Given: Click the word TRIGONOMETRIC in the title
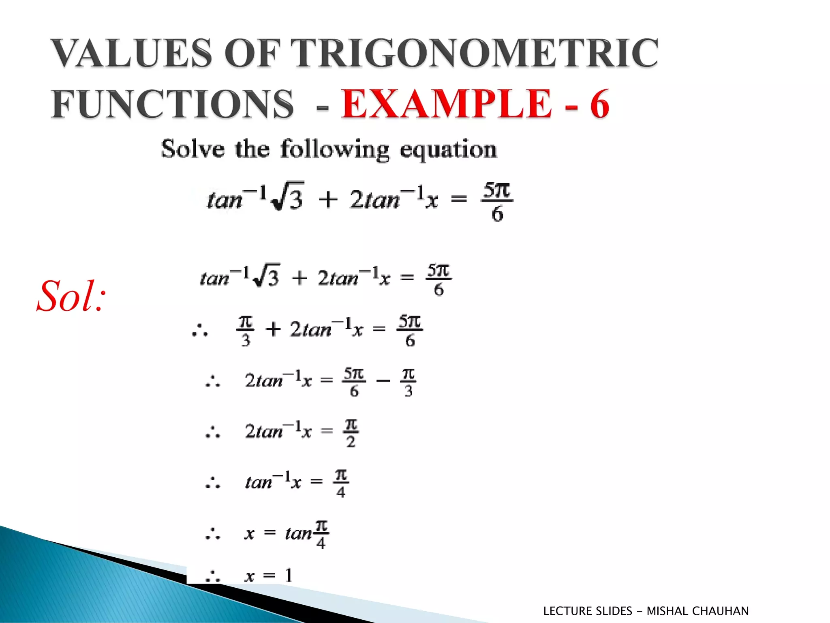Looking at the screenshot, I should (x=474, y=53).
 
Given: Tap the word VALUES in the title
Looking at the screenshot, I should (x=131, y=53).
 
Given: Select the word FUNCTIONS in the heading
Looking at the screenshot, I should (x=172, y=104).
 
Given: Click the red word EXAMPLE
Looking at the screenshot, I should (x=446, y=104).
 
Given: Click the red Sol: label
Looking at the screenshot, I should (x=71, y=296).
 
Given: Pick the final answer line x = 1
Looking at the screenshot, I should (x=268, y=575).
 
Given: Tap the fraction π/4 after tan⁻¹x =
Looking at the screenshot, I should (x=341, y=483).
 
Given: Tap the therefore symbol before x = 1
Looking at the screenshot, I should (x=212, y=576).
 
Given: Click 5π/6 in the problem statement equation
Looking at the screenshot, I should (x=497, y=202).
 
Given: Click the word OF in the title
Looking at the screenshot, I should (x=252, y=53).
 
